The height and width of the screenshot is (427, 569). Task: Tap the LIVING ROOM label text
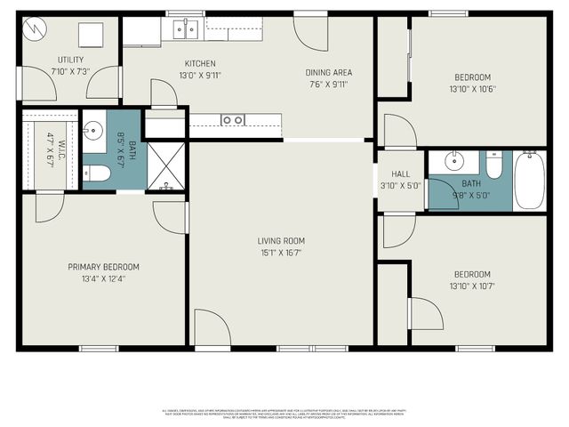click(281, 240)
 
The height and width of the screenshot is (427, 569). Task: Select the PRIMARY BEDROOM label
click(104, 266)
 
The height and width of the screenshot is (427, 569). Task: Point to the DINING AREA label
click(328, 73)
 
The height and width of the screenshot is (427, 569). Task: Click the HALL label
click(400, 174)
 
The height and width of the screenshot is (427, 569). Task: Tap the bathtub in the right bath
click(529, 180)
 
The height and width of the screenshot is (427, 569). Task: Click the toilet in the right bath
click(493, 165)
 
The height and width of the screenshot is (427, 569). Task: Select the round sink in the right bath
click(453, 162)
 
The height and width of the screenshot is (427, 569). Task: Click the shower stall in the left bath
click(164, 166)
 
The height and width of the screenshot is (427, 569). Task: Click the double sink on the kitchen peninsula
click(234, 120)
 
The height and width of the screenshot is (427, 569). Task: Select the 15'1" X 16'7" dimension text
click(281, 252)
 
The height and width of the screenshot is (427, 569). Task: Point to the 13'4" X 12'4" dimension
click(104, 278)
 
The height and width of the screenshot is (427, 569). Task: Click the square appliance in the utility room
click(92, 35)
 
